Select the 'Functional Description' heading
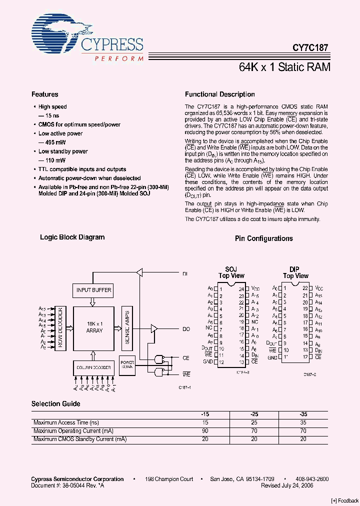point(219,94)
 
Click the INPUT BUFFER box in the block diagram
point(94,290)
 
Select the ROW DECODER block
point(59,327)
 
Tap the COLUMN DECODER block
point(93,367)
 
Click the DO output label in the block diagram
point(186,329)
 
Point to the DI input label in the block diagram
point(185,274)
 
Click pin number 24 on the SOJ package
point(240,289)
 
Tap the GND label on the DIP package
point(272,358)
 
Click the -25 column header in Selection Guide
point(254,414)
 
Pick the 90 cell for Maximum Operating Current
point(205,431)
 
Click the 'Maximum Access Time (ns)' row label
point(62,423)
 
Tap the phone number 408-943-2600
point(311,479)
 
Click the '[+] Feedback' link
point(344,501)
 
